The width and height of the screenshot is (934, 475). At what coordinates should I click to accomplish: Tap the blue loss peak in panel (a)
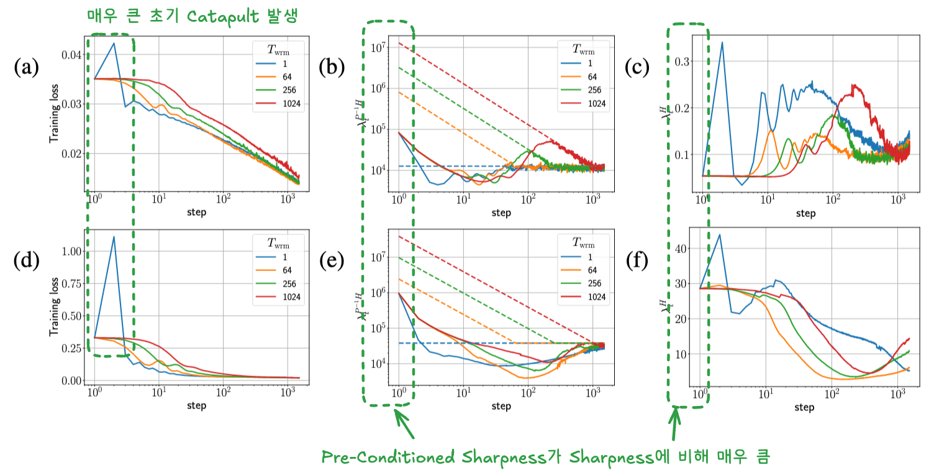[114, 43]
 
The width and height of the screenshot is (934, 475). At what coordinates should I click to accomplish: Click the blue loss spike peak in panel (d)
[114, 237]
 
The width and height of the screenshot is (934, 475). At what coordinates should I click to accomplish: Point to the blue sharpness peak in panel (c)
[722, 42]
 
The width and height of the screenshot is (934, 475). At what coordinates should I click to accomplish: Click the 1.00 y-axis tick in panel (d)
[71, 252]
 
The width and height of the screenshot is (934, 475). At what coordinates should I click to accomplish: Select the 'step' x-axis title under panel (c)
[805, 213]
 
